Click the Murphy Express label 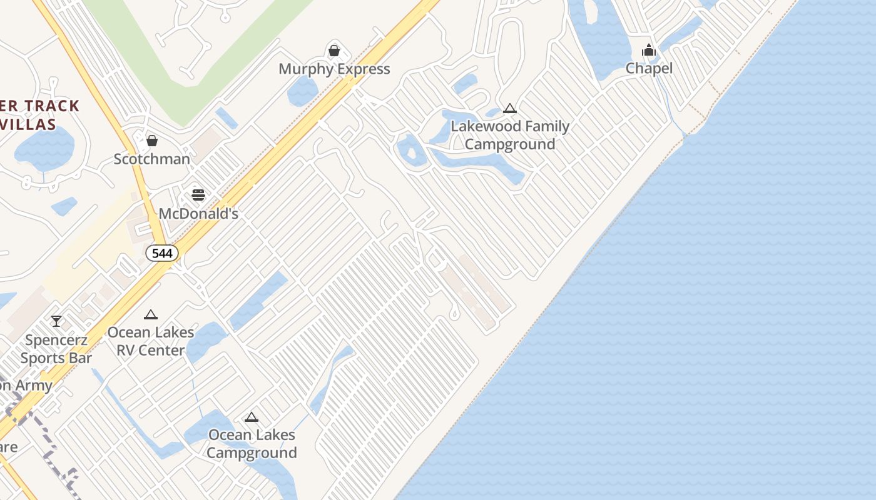(x=334, y=69)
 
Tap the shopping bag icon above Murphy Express (x=334, y=50)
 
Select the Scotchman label (x=151, y=159)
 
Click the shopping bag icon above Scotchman (x=151, y=140)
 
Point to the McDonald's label (x=198, y=214)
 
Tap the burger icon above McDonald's (x=198, y=195)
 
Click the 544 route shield (x=162, y=253)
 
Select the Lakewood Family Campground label (x=510, y=135)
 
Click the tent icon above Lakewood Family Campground (x=510, y=109)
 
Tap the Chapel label (x=649, y=69)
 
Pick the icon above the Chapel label (x=649, y=50)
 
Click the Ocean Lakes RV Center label (x=151, y=341)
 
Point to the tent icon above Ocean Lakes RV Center (x=150, y=315)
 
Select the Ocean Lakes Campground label (x=252, y=444)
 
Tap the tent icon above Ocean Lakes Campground (x=252, y=417)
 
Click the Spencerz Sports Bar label (x=56, y=349)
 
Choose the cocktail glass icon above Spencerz (x=56, y=321)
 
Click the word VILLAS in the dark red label (x=28, y=124)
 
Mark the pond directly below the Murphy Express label (x=302, y=92)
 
